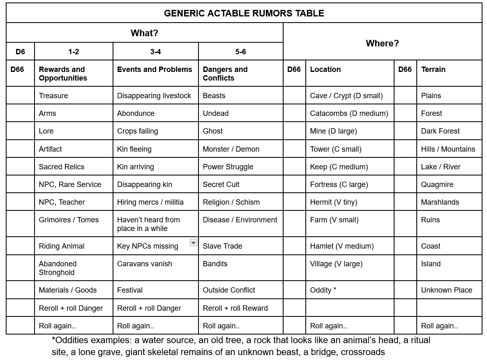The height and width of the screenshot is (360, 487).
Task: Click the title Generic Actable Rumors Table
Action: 244,13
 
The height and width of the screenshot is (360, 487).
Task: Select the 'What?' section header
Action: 144,33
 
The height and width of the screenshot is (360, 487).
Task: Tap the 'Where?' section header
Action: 382,43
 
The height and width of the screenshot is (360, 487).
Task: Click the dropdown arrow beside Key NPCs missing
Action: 193,243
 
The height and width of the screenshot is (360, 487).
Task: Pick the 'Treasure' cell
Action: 53,96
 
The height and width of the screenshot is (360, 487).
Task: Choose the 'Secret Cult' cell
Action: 221,185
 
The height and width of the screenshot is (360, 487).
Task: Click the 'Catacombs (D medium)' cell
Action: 349,113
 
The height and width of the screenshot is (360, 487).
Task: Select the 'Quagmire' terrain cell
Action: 437,185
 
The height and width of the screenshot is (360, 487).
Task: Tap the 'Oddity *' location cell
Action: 323,290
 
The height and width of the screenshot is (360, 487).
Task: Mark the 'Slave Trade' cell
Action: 222,246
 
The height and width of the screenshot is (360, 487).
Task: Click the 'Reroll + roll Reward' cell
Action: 235,308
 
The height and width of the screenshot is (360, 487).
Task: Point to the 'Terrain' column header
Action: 433,69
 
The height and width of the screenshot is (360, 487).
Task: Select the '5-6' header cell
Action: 240,52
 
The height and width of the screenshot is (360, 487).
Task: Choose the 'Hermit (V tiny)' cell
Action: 334,202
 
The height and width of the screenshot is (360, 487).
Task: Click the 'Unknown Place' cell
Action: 446,290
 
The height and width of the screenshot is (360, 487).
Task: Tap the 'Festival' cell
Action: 130,290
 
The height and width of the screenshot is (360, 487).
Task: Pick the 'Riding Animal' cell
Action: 61,246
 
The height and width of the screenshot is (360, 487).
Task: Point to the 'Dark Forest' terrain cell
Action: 440,131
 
